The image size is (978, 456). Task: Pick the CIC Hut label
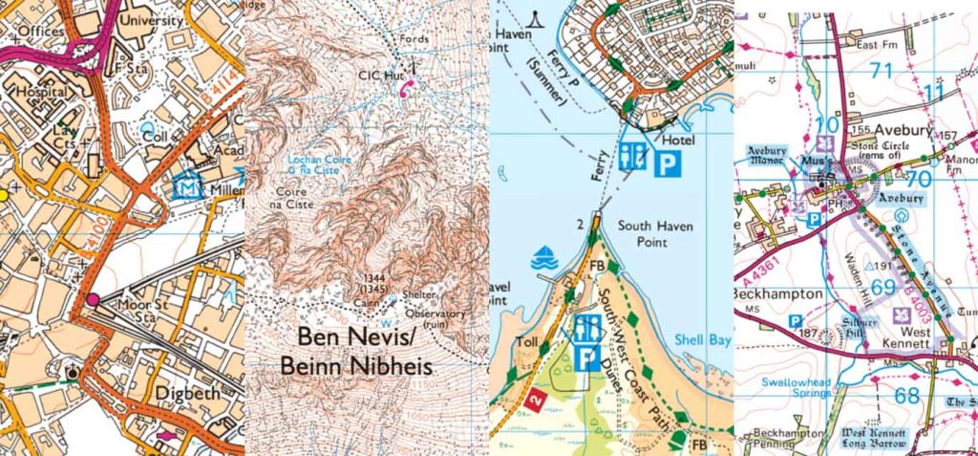click(375, 74)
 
